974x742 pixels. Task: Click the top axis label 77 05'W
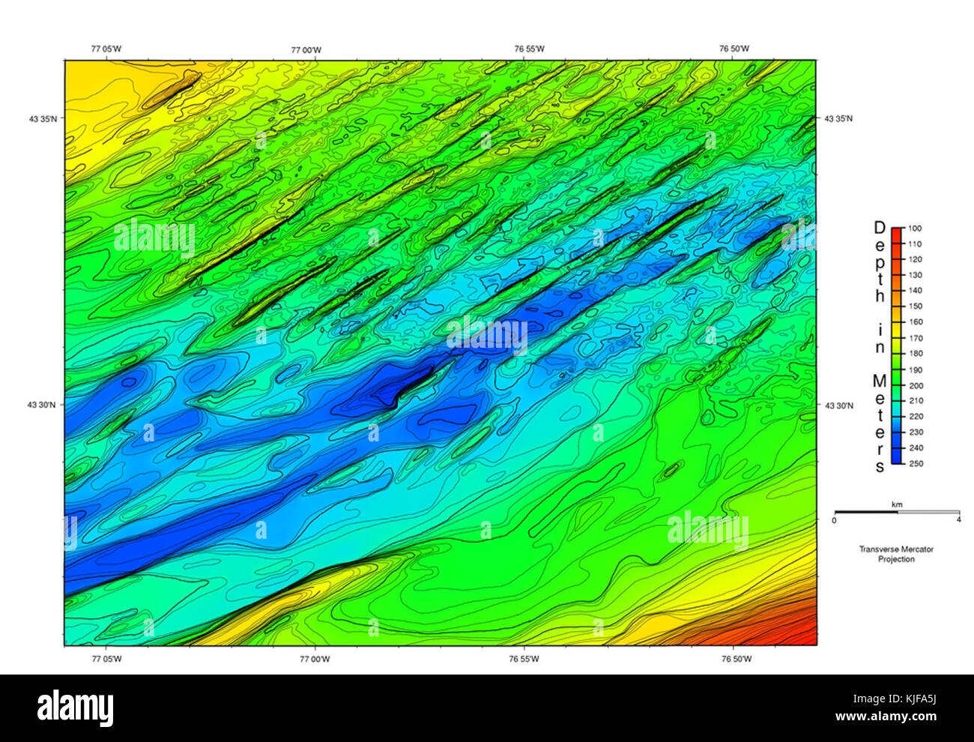(106, 49)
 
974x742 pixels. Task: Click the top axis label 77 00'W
(306, 49)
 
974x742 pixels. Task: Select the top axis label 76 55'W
(529, 49)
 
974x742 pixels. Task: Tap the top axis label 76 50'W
(733, 49)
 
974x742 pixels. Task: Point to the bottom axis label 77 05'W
(106, 660)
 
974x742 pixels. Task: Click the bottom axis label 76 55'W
(529, 660)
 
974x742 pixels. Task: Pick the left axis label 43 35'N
(43, 118)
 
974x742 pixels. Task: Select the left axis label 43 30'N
(43, 405)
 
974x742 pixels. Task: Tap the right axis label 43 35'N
(838, 118)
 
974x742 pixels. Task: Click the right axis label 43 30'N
(838, 405)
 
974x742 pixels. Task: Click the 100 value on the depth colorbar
(916, 228)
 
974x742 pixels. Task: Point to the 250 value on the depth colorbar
(916, 463)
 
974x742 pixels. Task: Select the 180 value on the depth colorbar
(916, 354)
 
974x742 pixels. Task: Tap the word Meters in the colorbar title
(880, 423)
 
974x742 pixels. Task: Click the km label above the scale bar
(896, 505)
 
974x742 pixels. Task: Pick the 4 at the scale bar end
(959, 520)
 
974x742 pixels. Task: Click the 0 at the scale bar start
(835, 520)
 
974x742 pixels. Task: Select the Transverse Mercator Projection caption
(896, 554)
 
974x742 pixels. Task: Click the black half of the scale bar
(865, 513)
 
